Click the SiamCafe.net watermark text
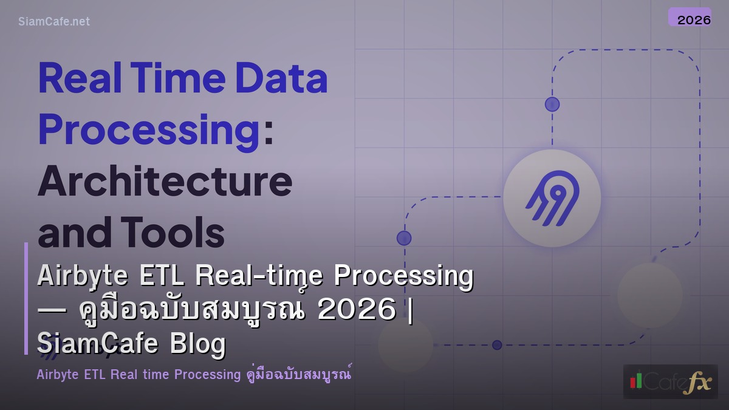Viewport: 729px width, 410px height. point(54,21)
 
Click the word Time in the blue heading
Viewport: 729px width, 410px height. point(179,79)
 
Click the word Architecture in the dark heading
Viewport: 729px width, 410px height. point(165,180)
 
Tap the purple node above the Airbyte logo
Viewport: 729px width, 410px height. point(552,104)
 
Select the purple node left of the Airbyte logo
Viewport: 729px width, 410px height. point(404,237)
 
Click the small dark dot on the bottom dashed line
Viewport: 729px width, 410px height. point(497,345)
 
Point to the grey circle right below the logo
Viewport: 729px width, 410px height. point(649,295)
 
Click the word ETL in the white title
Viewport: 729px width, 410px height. point(163,276)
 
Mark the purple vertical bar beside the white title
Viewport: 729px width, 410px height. point(26,298)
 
